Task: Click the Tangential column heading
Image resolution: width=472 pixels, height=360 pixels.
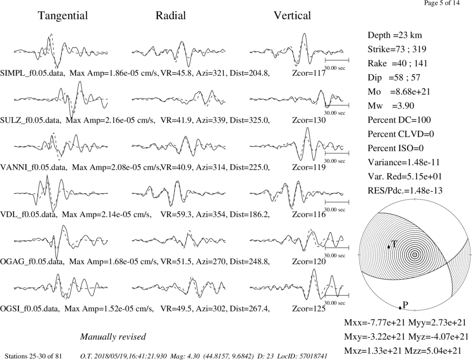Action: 63,16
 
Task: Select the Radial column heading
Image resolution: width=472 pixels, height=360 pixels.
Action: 171,16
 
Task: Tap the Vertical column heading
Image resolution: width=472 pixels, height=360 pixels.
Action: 292,16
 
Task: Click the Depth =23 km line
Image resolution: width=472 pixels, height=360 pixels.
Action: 395,35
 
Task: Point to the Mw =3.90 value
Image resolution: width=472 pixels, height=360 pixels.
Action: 391,106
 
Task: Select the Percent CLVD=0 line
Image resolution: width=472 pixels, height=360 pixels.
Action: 401,134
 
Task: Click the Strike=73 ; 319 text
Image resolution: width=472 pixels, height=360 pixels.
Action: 397,49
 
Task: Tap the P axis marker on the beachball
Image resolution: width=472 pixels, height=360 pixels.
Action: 400,308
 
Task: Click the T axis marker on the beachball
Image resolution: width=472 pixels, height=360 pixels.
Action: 388,246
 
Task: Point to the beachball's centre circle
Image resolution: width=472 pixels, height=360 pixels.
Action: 415,255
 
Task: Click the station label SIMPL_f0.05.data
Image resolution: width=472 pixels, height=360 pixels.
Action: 33,73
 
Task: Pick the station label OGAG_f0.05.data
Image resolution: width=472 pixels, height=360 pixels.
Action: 32,262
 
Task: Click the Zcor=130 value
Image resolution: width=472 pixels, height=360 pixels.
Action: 309,120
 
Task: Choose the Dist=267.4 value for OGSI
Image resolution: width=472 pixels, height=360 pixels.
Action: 250,309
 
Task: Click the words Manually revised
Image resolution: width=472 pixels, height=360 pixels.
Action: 113,336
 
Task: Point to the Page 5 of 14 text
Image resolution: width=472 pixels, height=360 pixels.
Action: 442,3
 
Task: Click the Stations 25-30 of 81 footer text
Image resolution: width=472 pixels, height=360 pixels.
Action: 34,356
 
